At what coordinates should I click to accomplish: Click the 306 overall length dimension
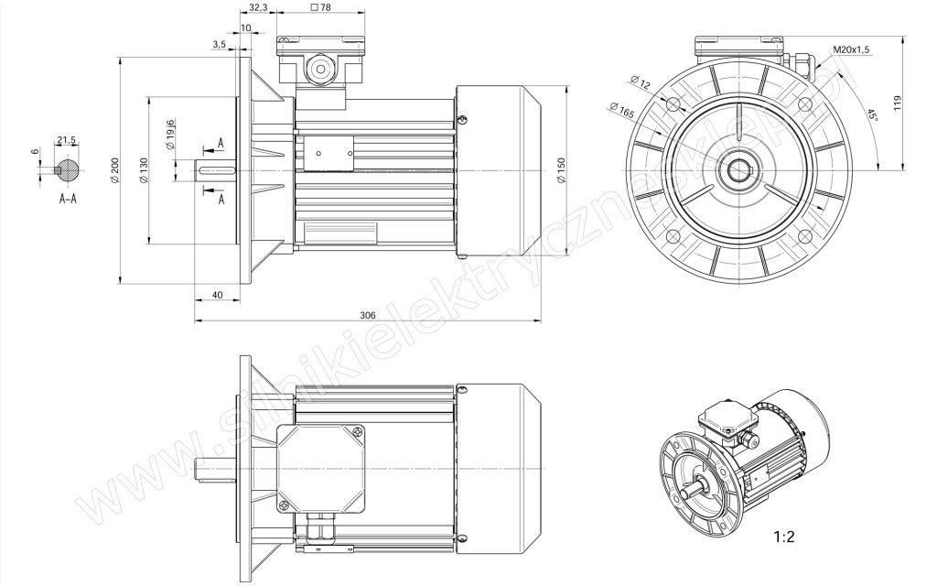point(367,315)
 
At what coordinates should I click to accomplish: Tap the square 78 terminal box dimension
point(321,7)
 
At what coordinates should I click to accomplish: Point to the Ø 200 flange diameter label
point(114,170)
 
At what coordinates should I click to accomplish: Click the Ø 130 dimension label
point(143,170)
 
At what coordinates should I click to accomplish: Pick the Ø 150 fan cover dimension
point(561,170)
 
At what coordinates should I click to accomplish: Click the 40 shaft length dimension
point(218,295)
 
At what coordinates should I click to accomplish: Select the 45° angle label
point(872,114)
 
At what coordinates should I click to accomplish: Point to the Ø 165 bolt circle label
point(621,110)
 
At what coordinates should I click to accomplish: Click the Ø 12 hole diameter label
point(640,81)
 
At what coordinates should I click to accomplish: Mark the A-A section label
point(68,199)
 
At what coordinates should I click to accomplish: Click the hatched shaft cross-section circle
point(67,170)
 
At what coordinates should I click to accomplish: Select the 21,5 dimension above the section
point(66,140)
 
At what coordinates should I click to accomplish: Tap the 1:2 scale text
point(784,537)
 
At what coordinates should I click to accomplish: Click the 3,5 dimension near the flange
point(219,44)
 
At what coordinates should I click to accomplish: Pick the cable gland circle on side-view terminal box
point(319,68)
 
